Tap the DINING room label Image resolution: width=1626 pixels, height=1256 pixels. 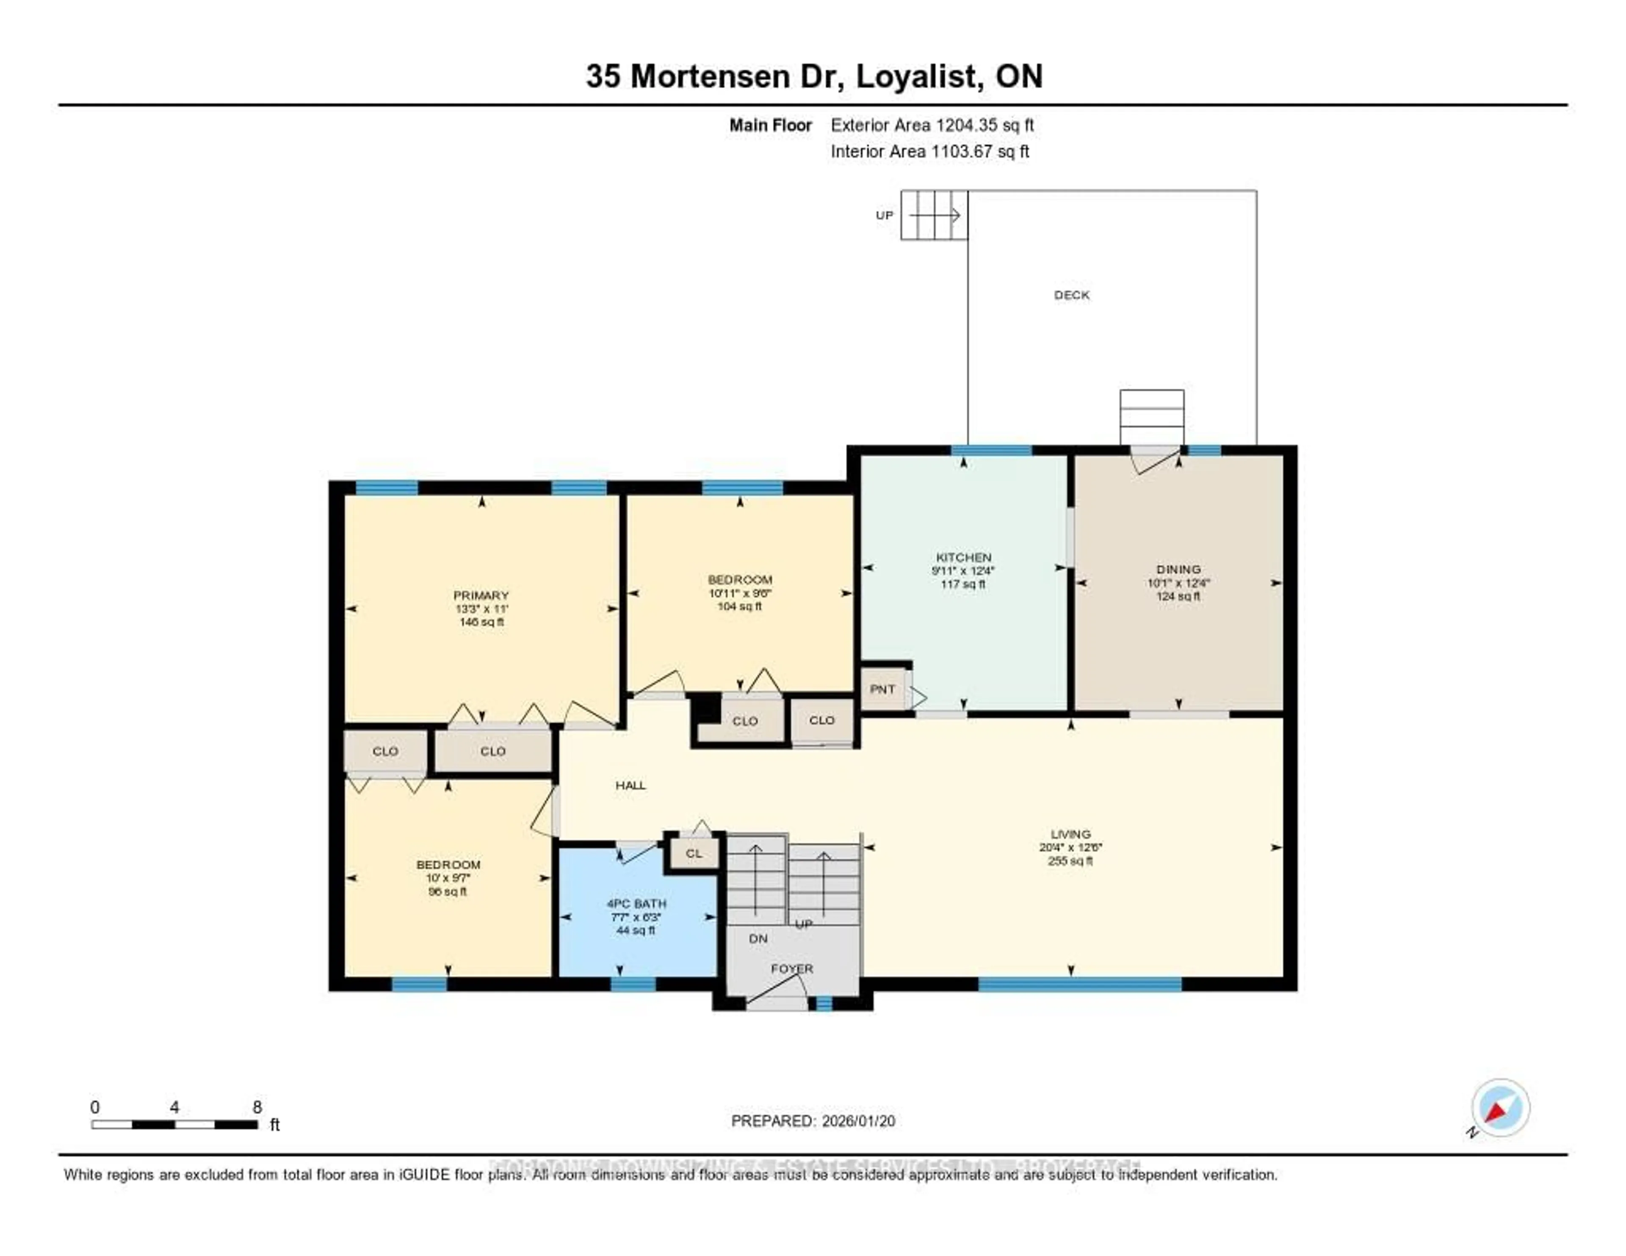pyautogui.click(x=1178, y=569)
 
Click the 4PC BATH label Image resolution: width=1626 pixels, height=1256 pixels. pyautogui.click(x=636, y=903)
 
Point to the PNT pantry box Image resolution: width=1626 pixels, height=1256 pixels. pyautogui.click(x=882, y=689)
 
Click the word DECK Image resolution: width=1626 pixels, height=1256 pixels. pyautogui.click(x=1071, y=295)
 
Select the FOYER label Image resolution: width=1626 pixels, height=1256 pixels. pyautogui.click(x=791, y=968)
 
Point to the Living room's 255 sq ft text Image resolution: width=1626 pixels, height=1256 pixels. pyautogui.click(x=1070, y=860)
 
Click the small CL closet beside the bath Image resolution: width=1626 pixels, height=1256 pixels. pyautogui.click(x=693, y=853)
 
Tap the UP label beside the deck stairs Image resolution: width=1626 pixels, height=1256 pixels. pyautogui.click(x=884, y=215)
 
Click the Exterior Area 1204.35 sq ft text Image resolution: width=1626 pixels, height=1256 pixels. pyautogui.click(x=932, y=125)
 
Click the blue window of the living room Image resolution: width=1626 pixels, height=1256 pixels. pyautogui.click(x=1079, y=984)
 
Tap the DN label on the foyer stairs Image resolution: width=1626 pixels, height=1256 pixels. pyautogui.click(x=758, y=938)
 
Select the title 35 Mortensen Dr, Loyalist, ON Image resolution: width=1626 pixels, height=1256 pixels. pyautogui.click(x=814, y=76)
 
